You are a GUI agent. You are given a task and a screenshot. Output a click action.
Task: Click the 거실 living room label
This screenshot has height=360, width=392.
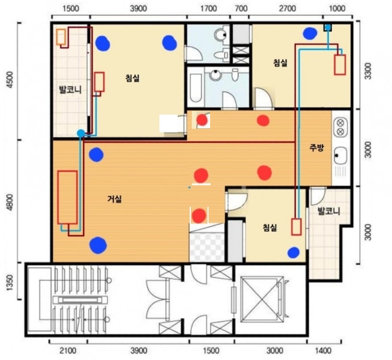114,199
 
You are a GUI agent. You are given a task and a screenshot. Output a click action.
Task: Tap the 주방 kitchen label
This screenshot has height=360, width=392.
317,148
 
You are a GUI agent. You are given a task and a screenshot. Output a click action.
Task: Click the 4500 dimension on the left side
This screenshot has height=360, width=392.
10,80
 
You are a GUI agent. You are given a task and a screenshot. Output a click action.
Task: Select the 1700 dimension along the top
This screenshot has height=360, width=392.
209,8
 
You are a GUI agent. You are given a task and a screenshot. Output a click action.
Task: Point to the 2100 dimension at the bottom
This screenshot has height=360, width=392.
68,351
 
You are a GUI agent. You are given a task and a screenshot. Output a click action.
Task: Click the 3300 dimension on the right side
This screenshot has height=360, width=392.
368,71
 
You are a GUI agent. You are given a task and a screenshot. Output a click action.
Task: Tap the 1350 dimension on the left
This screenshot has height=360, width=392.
9,283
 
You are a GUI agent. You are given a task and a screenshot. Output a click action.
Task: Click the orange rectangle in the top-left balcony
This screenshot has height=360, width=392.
61,37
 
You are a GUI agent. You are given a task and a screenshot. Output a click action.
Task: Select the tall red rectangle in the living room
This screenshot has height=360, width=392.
67,197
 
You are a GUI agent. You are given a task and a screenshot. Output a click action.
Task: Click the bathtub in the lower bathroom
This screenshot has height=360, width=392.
195,87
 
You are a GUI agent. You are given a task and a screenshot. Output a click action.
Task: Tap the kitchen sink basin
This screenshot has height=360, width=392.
341,156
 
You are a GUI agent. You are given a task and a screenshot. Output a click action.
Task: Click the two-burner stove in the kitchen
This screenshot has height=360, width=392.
340,128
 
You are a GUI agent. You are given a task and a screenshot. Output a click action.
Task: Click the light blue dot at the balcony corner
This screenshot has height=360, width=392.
80,133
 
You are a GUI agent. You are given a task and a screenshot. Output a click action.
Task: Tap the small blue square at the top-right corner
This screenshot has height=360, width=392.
328,27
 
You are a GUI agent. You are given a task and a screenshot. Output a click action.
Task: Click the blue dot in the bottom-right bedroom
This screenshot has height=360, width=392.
294,252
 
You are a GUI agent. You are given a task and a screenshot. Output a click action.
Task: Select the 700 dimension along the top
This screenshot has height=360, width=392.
241,8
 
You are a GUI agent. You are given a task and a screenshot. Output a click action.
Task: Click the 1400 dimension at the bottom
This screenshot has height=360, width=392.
324,351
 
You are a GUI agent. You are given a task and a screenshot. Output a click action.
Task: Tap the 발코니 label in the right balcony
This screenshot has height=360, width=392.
329,211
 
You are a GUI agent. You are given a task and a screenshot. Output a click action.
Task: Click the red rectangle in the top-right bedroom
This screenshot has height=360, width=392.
340,65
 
